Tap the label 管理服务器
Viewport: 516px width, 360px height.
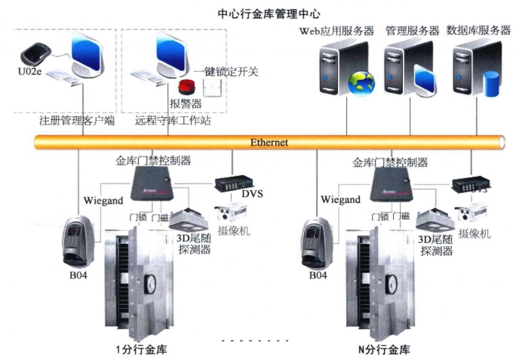coord(412,31)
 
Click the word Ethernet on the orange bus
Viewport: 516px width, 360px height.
coord(269,141)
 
